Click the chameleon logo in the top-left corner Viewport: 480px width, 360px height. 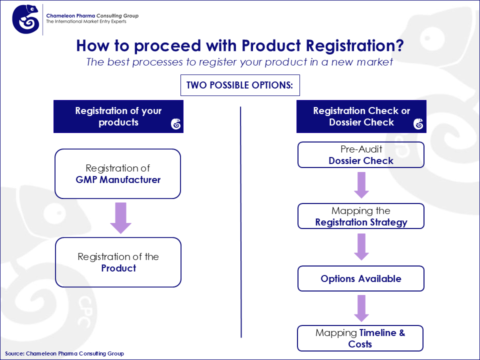point(25,19)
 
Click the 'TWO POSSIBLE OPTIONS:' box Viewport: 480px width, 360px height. point(240,85)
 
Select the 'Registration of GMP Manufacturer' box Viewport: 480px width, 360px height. point(118,174)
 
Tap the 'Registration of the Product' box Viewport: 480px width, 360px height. point(118,262)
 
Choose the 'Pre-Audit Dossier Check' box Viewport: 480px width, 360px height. point(361,155)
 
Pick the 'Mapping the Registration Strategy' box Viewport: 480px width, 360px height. point(361,216)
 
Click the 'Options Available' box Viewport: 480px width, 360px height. point(361,278)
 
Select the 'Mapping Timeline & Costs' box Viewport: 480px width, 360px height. point(360,338)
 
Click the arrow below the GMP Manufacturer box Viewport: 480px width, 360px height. point(121,218)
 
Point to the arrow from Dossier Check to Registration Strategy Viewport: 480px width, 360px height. point(361,185)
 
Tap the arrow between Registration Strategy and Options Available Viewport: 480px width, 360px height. point(361,247)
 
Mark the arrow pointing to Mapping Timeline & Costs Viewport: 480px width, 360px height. point(361,308)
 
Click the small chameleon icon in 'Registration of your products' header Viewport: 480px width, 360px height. point(175,124)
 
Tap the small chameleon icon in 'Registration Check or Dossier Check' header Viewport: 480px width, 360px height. point(418,124)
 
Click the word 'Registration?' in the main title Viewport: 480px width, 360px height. point(355,46)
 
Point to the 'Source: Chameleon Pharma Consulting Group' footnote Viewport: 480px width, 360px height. point(64,353)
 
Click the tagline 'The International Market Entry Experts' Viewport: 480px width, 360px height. point(86,21)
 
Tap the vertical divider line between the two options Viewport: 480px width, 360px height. point(241,222)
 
